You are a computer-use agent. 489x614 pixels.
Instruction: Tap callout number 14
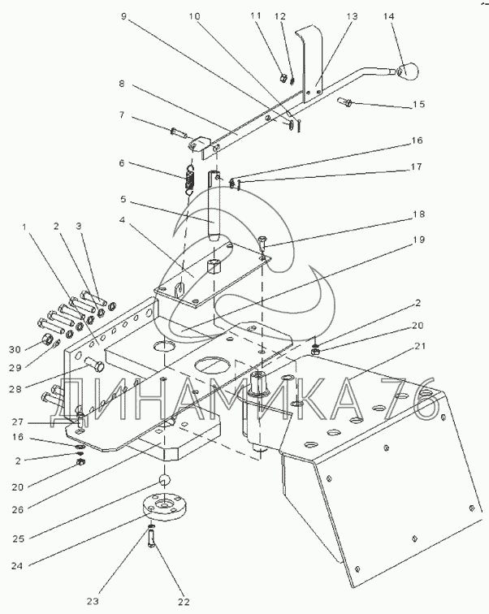click(389, 16)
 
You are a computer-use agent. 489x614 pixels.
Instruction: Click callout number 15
click(419, 104)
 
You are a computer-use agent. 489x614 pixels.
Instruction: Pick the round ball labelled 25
click(165, 480)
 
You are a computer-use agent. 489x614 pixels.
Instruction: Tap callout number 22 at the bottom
click(184, 602)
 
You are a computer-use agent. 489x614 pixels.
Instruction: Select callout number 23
click(93, 602)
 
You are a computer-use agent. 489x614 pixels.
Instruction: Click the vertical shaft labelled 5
click(214, 205)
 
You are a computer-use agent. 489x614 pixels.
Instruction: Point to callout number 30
click(15, 349)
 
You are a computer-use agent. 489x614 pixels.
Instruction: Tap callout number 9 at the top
click(124, 16)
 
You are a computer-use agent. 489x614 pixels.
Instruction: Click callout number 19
click(418, 240)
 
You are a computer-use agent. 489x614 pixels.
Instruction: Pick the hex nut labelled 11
click(283, 78)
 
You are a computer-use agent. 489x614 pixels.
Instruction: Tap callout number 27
click(17, 422)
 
